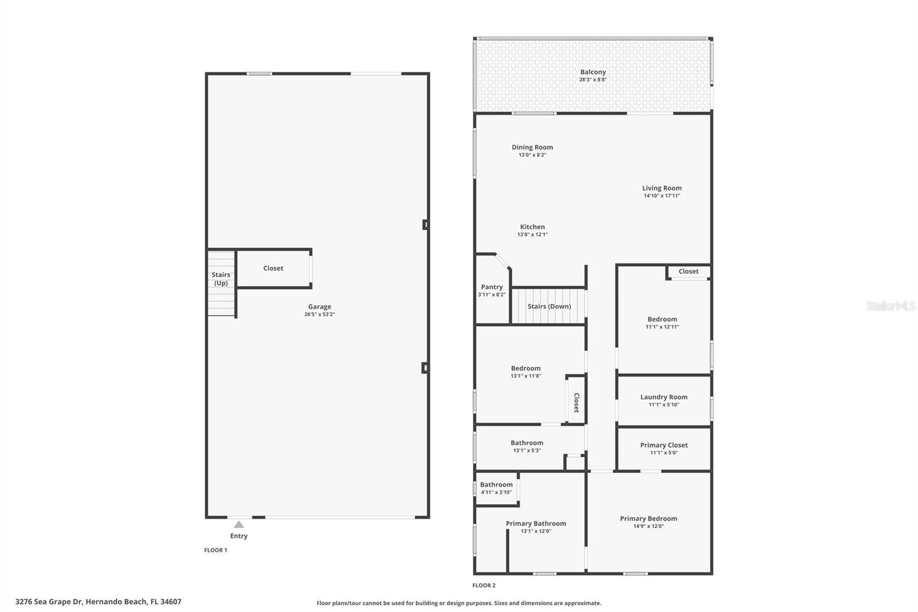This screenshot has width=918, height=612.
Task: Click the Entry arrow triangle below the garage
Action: point(239,524)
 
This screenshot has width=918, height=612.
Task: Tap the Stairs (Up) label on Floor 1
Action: point(221,279)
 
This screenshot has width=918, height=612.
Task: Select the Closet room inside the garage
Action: point(273,268)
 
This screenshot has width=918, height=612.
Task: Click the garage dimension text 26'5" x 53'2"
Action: point(320,315)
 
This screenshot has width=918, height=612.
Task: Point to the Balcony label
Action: point(593,72)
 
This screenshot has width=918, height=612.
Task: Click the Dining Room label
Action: point(532,148)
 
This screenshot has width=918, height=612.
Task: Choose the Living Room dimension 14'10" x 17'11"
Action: point(662,196)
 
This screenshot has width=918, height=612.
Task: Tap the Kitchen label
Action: point(532,227)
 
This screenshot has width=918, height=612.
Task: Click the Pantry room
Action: point(492,290)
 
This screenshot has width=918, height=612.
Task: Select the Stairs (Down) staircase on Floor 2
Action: point(549,307)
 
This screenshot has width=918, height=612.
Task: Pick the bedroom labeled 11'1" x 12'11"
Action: point(662,323)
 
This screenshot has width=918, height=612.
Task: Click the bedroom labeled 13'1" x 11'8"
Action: point(526,372)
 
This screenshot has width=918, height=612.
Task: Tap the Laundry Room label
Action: point(664,397)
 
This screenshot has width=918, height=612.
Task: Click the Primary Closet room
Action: point(664,448)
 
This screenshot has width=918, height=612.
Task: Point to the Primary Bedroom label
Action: point(648,518)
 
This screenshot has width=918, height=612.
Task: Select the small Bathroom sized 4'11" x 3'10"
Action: point(496,489)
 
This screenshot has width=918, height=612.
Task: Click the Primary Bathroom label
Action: point(536,524)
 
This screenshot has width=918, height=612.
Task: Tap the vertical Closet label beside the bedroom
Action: point(577,402)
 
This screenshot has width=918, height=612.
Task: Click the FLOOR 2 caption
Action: point(484,586)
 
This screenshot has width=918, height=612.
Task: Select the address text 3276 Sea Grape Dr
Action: point(50,602)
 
